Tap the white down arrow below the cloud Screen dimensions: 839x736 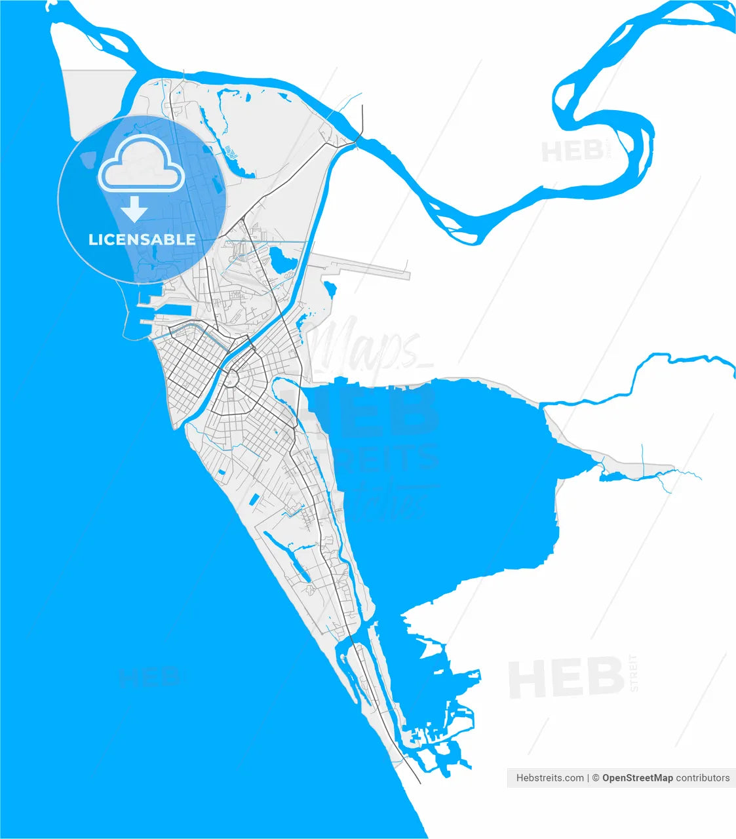135,210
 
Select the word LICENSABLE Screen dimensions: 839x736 142,239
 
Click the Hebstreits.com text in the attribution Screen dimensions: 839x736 550,778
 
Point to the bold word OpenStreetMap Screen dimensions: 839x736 637,778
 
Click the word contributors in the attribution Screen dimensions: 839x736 703,778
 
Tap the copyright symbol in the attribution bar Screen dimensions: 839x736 596,778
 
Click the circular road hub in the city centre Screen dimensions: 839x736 231,378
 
